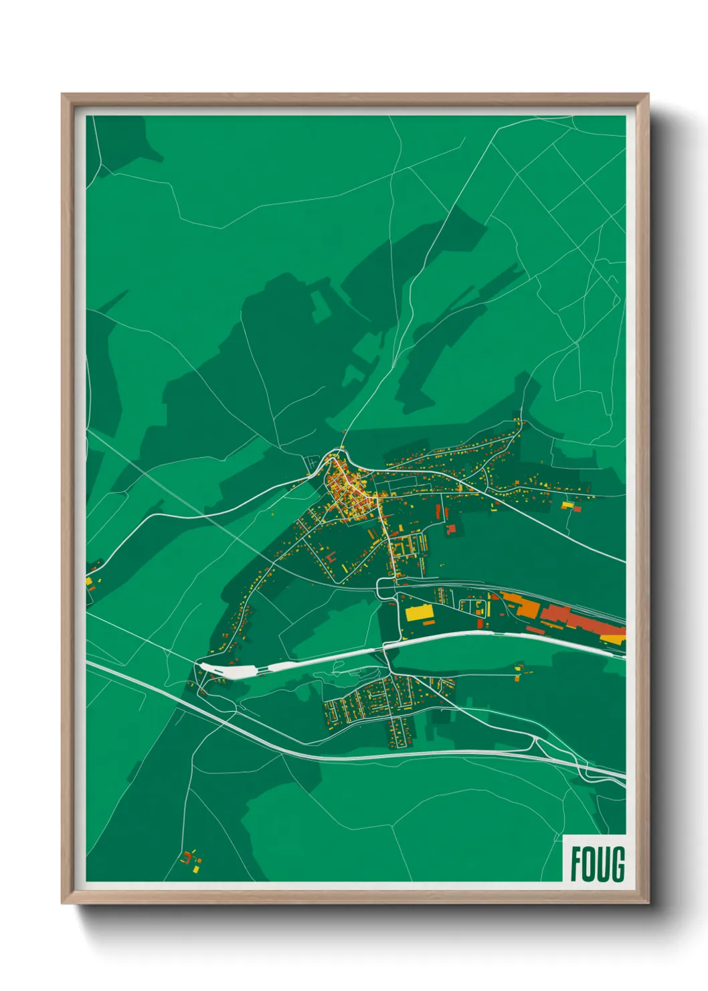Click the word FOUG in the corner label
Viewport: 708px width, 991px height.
point(597,864)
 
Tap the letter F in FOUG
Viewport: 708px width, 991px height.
point(576,864)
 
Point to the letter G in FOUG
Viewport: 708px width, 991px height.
point(618,864)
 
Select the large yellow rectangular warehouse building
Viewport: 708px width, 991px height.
point(420,613)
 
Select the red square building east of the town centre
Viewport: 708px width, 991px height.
point(451,529)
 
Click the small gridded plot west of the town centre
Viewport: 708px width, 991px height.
point(312,463)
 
